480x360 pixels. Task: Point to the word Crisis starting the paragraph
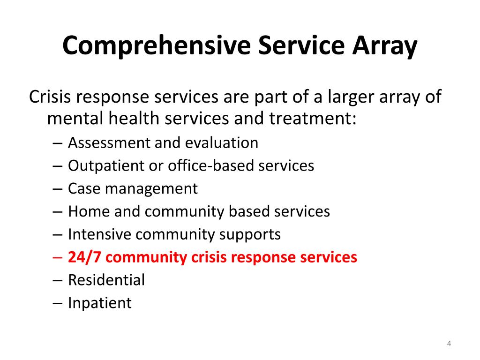pos(51,97)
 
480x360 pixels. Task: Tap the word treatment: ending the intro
pos(313,119)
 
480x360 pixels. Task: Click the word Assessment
pos(109,142)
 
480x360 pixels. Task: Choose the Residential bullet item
pos(106,280)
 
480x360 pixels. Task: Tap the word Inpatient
pos(100,303)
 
